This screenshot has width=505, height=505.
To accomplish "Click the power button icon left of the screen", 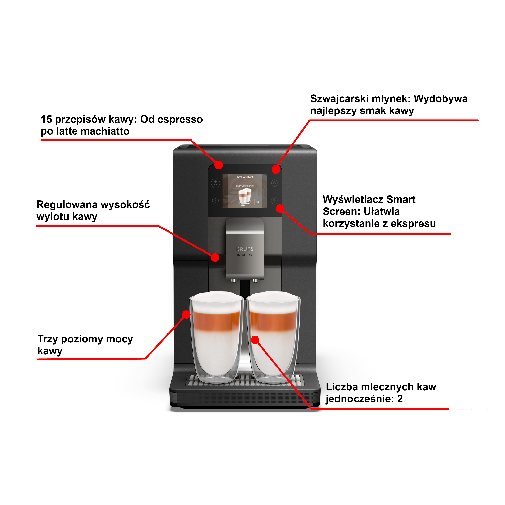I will (215, 183).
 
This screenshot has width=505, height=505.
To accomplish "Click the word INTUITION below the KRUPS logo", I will (245, 255).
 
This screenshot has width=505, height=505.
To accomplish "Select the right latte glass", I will (273, 340).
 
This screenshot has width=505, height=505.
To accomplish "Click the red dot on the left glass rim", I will (186, 314).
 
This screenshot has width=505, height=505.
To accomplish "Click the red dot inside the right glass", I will (255, 340).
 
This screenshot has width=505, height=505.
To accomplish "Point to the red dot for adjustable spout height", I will (215, 258).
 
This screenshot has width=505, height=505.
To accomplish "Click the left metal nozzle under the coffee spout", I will (234, 280).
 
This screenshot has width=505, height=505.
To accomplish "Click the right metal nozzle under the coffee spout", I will (255, 280).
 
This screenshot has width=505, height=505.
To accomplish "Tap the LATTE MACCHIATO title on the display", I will (245, 177).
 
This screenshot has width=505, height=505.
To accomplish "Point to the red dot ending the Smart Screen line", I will (280, 208).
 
